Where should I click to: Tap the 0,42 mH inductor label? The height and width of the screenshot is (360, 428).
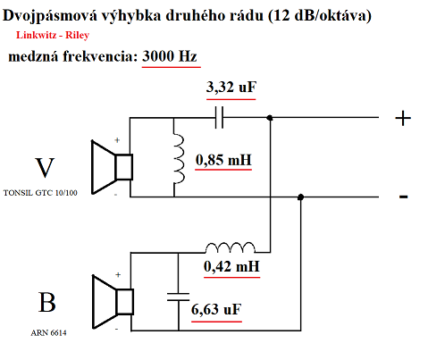point(232,265)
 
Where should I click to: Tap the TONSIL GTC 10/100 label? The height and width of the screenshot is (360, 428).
point(41,193)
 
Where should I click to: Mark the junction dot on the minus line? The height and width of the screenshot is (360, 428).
point(301,197)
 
